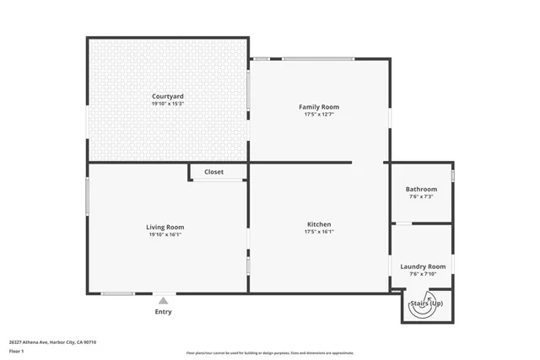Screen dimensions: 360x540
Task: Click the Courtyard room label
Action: (168, 97)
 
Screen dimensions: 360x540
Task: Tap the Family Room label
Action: (319, 107)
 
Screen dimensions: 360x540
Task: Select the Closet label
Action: (213, 172)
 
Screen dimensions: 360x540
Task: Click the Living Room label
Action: (165, 227)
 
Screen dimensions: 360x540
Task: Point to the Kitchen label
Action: (319, 224)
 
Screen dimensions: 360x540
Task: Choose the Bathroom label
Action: (421, 190)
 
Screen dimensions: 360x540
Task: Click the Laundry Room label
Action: (422, 266)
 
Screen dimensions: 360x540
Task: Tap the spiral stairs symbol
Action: (421, 307)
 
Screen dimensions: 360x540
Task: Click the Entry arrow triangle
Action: (163, 300)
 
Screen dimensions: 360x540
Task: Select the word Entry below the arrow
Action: (163, 312)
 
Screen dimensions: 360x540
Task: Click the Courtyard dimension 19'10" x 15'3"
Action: (168, 105)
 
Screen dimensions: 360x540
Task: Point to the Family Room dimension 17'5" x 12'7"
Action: (319, 115)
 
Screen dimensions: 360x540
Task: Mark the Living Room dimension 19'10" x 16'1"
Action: (165, 234)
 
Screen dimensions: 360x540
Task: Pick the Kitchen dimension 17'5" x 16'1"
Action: (319, 232)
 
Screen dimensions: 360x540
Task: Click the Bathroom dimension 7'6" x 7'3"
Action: (421, 197)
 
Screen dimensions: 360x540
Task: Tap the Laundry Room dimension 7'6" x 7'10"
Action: (422, 273)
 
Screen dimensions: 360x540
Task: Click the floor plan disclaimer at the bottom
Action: (269, 353)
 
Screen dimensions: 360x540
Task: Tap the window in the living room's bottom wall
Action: (117, 293)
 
